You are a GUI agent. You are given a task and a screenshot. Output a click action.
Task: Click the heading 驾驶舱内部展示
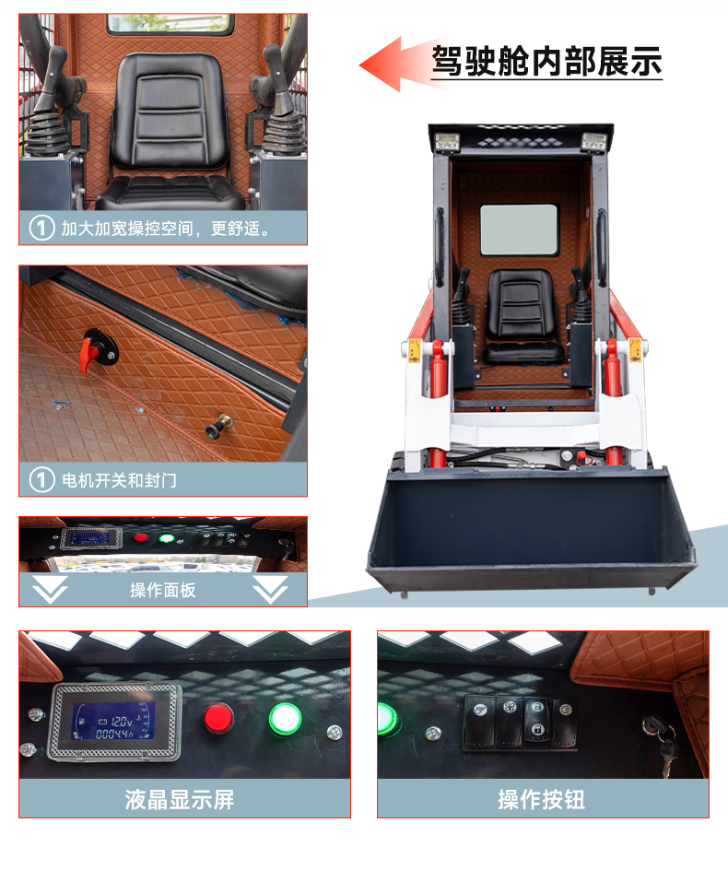(546, 61)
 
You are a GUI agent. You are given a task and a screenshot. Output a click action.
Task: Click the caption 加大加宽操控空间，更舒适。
(165, 228)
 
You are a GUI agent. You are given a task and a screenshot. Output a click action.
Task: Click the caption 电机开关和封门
(119, 480)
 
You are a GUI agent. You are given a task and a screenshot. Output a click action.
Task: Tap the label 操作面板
(162, 590)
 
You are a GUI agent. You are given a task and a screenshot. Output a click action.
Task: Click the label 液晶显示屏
(179, 800)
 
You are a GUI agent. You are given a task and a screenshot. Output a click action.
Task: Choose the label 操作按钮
(541, 800)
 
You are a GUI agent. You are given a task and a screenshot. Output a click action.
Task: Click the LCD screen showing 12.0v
(113, 722)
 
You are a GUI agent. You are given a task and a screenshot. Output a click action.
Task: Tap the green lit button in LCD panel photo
(285, 719)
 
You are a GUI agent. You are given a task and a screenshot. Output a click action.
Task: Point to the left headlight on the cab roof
(447, 142)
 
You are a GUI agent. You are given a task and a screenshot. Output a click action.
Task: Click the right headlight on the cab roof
(593, 142)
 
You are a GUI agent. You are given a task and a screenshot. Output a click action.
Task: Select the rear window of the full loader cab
(519, 229)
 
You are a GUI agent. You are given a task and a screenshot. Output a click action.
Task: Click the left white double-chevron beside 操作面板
(50, 589)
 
